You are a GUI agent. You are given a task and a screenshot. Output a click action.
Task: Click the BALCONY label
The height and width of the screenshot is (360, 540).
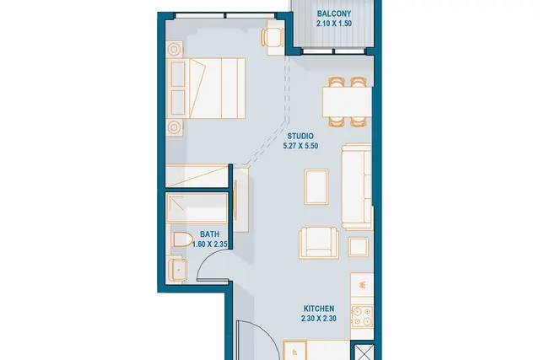click(334, 13)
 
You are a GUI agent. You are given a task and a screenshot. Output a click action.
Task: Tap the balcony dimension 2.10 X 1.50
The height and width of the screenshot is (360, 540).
click(334, 24)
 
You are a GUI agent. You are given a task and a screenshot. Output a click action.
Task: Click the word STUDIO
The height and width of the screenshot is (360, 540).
click(300, 136)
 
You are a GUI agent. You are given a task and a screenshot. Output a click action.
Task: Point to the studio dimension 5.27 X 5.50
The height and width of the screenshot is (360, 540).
click(300, 146)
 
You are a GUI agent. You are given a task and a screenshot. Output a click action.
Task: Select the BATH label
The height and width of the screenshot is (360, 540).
click(209, 234)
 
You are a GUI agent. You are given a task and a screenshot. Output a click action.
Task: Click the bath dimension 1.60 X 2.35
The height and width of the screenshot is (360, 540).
click(209, 244)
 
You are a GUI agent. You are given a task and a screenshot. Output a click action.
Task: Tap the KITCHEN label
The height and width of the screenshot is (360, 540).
click(319, 309)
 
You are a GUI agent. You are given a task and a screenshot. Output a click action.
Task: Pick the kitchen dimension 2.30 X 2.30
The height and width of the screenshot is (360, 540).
click(319, 319)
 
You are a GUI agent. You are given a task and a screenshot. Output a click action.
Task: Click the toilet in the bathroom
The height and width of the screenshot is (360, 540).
click(182, 239)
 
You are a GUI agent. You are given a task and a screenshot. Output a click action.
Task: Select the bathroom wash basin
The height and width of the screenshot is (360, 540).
click(178, 270)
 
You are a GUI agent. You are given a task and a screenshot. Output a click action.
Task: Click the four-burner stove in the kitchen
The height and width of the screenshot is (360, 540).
click(362, 316)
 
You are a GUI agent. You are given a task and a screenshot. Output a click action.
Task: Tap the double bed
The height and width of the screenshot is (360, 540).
click(206, 89)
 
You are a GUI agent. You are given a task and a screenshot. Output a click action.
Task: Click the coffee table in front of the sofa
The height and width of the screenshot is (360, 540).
click(316, 186)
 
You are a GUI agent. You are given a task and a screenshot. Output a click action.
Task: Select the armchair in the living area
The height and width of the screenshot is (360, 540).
click(319, 242)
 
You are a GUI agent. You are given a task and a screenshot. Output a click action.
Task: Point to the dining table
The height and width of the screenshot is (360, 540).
click(347, 102)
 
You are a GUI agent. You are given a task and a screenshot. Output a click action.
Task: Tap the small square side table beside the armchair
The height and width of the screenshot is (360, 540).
click(358, 247)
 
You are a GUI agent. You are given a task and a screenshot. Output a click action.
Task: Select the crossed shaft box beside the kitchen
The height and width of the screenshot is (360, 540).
click(364, 352)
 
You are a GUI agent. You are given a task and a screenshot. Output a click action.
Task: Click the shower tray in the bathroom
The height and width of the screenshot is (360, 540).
click(197, 208)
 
